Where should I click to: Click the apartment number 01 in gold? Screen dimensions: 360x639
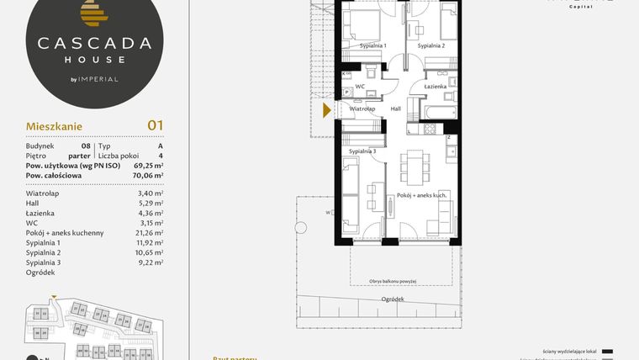[x=155, y=125]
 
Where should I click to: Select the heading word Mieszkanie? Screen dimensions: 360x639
[x=53, y=126]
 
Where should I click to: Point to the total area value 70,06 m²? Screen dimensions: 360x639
[x=146, y=176]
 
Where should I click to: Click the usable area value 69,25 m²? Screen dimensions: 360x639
[x=146, y=166]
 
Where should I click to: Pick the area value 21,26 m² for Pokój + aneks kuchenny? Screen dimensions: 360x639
[x=147, y=232]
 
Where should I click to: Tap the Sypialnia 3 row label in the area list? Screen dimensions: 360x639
[x=44, y=262]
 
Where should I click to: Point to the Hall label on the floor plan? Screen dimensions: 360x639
[x=396, y=109]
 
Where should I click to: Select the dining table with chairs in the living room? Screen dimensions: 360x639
[x=413, y=167]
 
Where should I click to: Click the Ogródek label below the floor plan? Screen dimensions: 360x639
[x=392, y=299]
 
